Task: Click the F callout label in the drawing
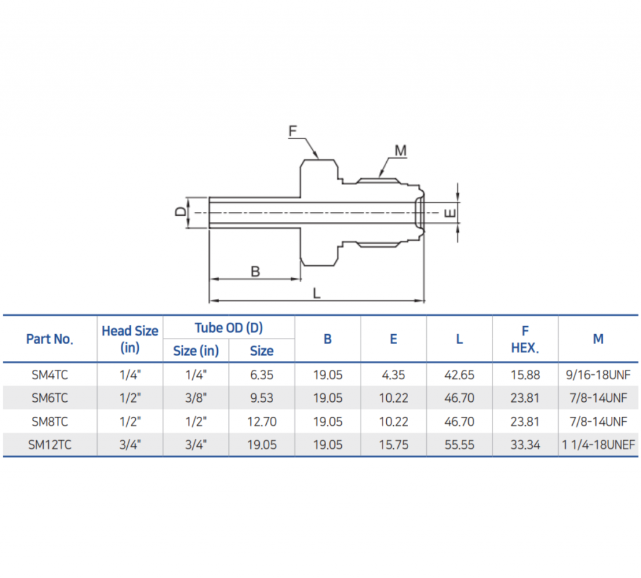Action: pos(292,131)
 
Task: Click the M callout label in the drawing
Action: pos(401,150)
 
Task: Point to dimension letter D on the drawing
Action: pos(180,212)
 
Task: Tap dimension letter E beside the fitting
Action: pos(449,213)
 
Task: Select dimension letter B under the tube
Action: pos(255,271)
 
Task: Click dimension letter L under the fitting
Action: pos(317,293)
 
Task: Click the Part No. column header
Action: pos(49,339)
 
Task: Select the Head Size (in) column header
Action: pos(130,339)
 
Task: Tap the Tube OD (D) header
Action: pos(228,327)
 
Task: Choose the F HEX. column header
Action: pos(525,339)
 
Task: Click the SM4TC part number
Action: pos(49,375)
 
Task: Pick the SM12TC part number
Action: pos(49,445)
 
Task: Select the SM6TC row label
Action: pos(49,398)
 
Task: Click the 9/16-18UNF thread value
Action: pos(598,375)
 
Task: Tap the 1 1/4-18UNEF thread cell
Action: pos(598,445)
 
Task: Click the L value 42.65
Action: pos(459,375)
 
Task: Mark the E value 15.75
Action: pos(393,445)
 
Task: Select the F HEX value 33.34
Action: pos(525,445)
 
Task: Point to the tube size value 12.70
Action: pos(262,422)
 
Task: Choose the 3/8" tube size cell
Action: pos(196,398)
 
